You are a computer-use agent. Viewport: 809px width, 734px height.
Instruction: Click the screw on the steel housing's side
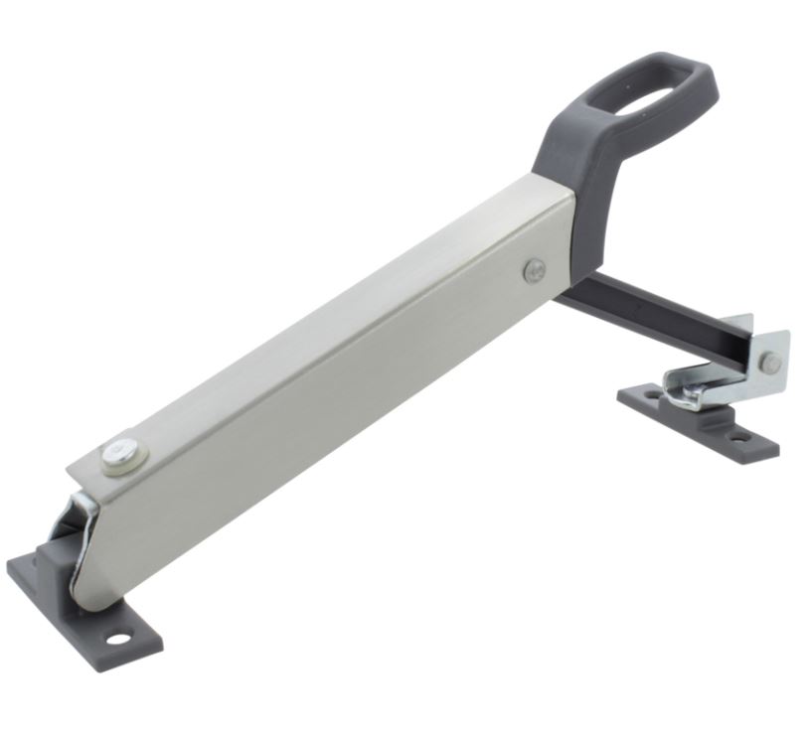[535, 268]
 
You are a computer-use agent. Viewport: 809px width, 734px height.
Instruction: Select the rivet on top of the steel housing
[121, 455]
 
